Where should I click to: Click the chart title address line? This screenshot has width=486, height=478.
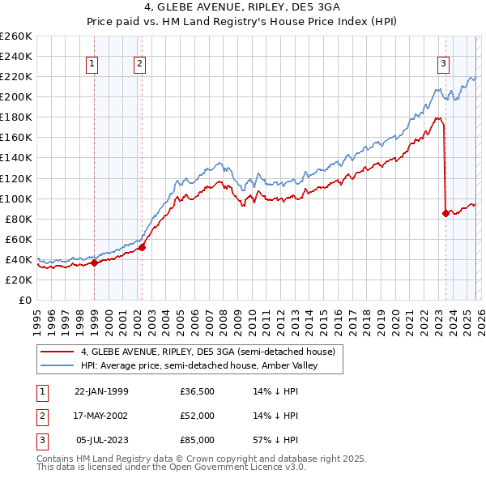click(243, 7)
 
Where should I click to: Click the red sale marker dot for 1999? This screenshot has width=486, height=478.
click(95, 262)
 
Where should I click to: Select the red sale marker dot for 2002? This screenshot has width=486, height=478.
click(142, 247)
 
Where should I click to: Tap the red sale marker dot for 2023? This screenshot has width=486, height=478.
click(446, 213)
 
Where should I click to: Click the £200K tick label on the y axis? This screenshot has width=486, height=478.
click(16, 96)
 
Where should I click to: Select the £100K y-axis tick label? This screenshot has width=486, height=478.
click(16, 198)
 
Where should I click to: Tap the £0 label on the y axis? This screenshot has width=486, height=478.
click(24, 300)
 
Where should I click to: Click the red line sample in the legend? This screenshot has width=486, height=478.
click(58, 352)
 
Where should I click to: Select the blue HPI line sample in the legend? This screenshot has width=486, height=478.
click(58, 365)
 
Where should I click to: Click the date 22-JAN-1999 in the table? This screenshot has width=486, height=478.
click(101, 391)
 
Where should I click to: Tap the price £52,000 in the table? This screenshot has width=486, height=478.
click(197, 416)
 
